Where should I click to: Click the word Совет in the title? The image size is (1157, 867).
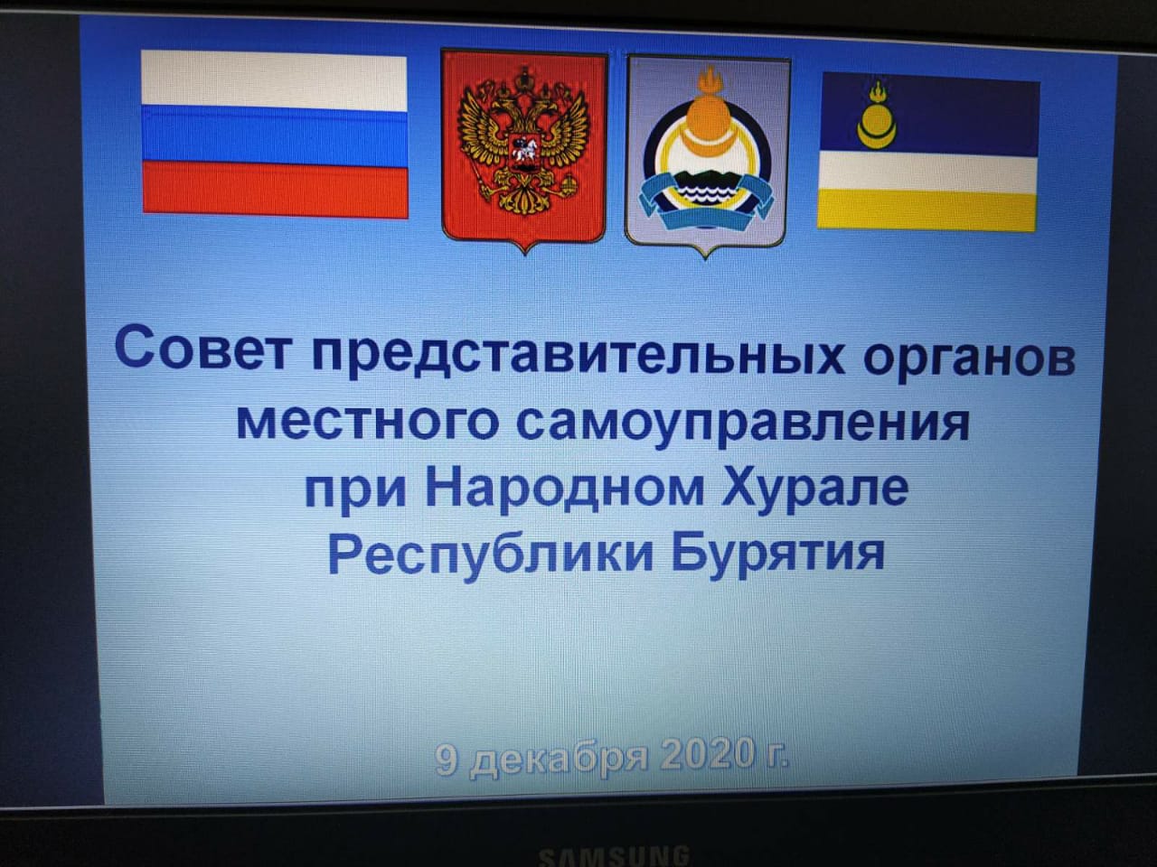203,349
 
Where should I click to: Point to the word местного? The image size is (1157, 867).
367,421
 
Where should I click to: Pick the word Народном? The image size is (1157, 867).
565,487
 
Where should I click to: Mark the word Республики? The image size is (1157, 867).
491,556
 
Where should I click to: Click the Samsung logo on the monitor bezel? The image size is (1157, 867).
614,856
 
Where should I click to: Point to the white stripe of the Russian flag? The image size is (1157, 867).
274,81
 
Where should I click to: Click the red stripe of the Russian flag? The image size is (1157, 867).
275,189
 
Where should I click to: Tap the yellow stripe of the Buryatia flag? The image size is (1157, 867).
927,210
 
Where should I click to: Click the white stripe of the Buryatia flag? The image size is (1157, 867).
928,172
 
